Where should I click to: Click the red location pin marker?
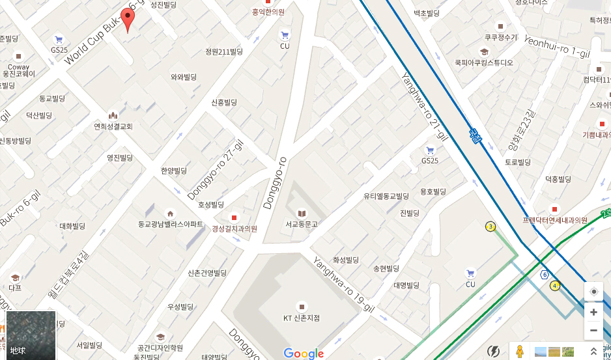coord(128,20)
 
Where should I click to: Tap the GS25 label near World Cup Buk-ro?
coord(59,49)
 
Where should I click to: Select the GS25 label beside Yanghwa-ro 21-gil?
coord(430,160)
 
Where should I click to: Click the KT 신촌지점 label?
coord(302,318)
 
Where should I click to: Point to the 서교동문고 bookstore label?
coord(302,224)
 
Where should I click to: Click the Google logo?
coord(304,353)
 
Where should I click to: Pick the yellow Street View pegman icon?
coord(519,352)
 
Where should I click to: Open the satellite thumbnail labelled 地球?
coord(31,335)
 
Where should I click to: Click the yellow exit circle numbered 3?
coord(490,227)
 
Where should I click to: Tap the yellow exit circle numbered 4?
coord(555,285)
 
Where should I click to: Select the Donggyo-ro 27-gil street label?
coord(215,171)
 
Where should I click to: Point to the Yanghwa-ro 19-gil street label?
coord(343,284)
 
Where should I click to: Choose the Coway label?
coord(18,66)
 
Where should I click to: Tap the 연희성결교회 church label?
coord(113,126)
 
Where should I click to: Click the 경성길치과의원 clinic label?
coord(234,228)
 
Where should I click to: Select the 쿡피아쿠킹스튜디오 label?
coord(484,62)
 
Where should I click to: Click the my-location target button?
coord(593,292)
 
